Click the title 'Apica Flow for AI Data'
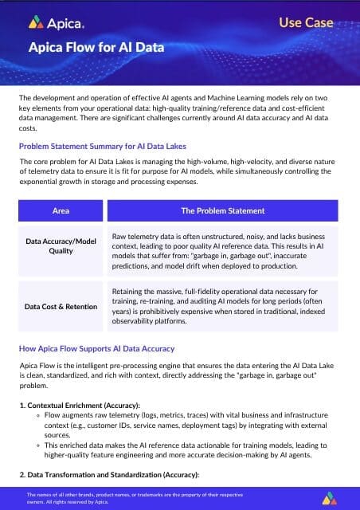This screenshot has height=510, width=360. (x=96, y=47)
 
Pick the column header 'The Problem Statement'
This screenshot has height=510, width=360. (x=222, y=210)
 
